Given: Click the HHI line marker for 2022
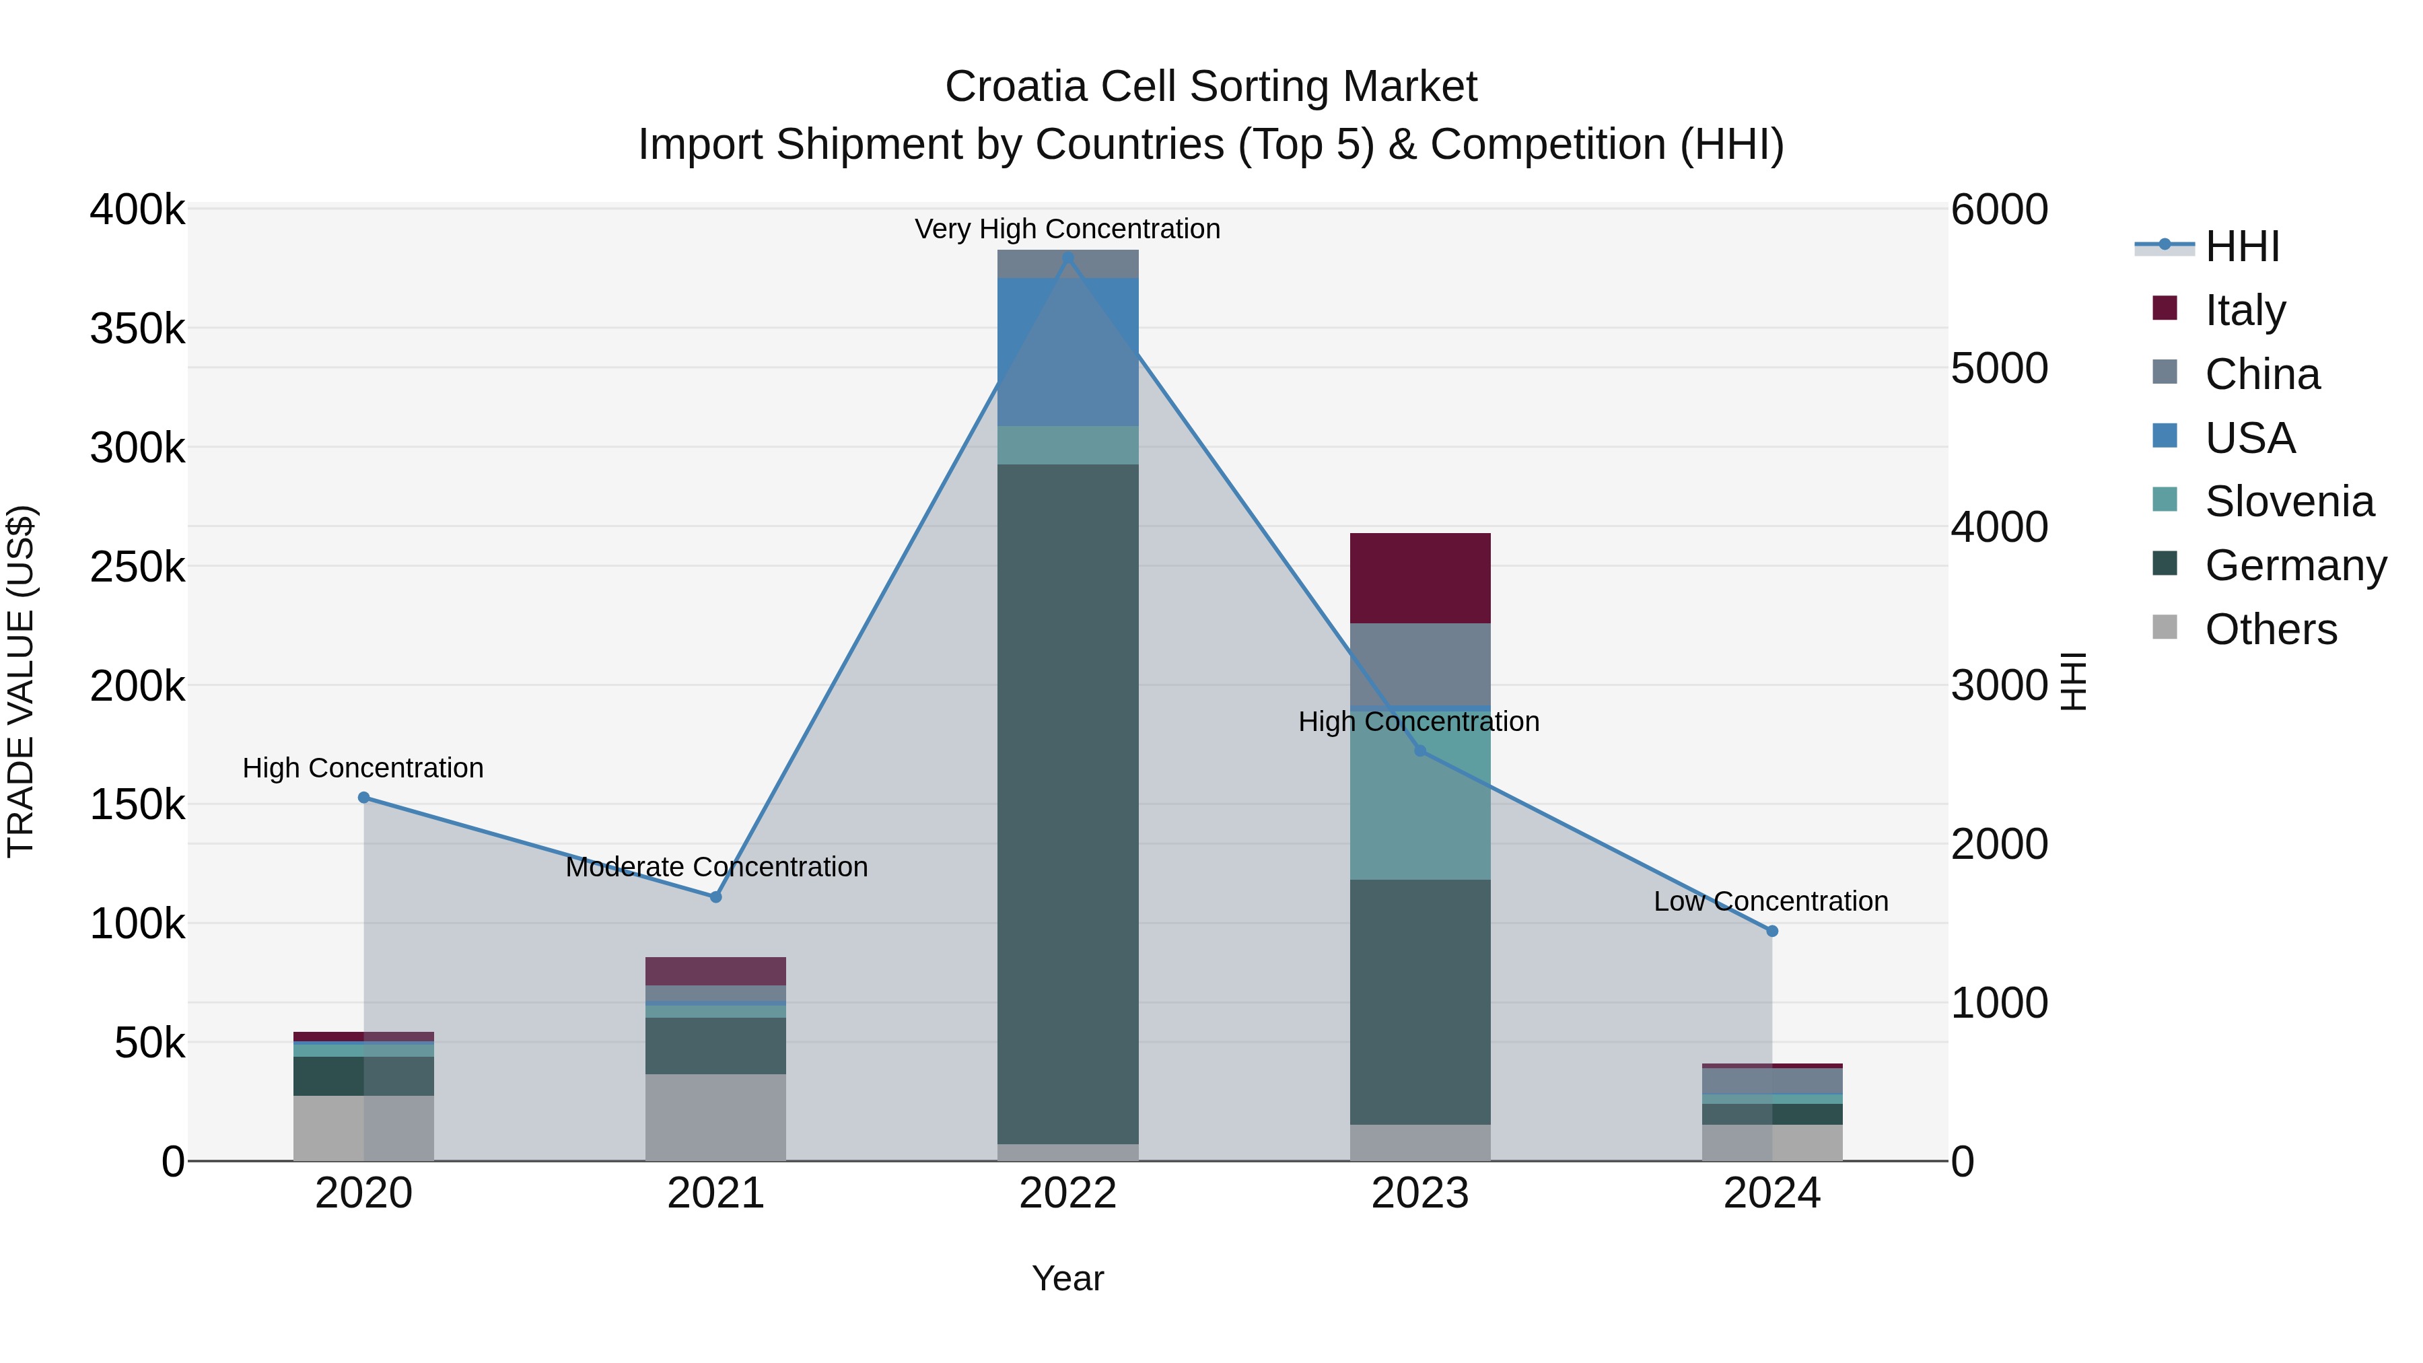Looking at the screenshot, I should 1067,258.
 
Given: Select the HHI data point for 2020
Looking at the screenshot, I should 364,798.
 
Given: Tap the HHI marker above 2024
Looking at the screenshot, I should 1772,932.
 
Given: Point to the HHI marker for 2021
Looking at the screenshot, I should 716,897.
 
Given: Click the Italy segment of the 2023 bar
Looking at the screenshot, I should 1420,578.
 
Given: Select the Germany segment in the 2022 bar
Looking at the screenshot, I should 1067,804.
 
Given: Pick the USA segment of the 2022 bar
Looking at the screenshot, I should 1067,352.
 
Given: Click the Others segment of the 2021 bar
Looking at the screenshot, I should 716,1117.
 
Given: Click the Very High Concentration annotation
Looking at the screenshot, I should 1067,229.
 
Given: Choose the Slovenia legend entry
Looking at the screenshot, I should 2288,501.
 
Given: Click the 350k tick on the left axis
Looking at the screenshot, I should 137,329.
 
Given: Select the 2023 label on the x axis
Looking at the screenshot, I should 1420,1193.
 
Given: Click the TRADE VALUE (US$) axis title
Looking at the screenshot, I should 21,681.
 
